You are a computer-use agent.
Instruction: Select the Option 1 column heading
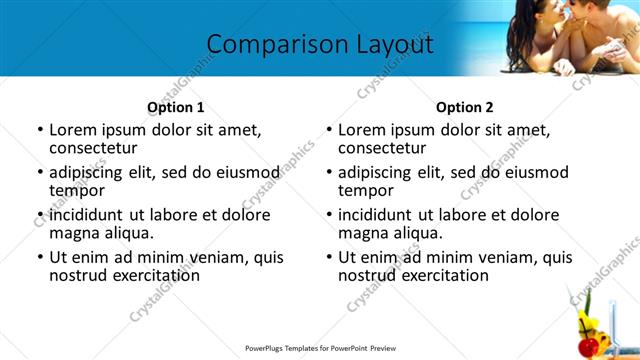coord(175,107)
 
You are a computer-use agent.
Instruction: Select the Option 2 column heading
coord(464,107)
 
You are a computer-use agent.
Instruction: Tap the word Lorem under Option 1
coord(73,130)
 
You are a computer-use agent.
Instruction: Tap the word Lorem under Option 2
coord(362,130)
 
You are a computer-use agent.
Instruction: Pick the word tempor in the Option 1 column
coord(77,190)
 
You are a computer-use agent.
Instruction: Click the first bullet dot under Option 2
coord(329,131)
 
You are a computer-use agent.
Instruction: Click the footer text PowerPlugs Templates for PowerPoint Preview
coord(320,349)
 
